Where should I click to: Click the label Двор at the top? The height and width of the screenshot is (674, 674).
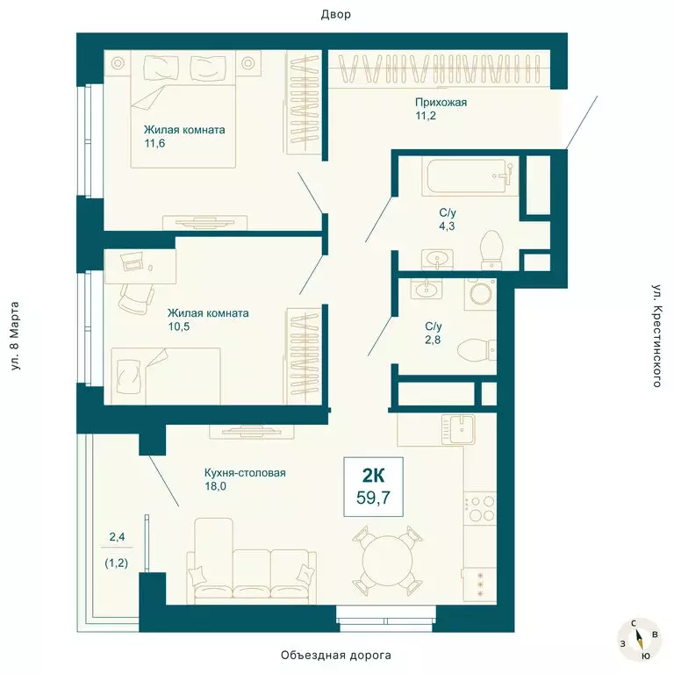point(336,14)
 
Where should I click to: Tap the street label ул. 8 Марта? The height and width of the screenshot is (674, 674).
point(16,336)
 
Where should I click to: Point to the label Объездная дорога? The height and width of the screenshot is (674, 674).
point(336,656)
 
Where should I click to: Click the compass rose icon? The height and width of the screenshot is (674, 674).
point(639,639)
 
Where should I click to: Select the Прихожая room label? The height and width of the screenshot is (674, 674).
point(441,103)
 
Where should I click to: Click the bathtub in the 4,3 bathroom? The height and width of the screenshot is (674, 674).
point(466,176)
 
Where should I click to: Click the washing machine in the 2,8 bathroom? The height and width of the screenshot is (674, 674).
point(479,293)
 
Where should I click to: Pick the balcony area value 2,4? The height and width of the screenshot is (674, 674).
point(117,535)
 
